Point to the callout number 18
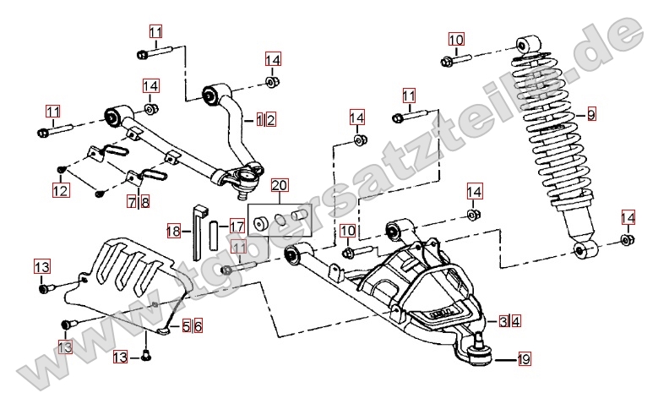click(x=173, y=230)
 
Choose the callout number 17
click(x=237, y=227)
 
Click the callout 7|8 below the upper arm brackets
click(x=139, y=202)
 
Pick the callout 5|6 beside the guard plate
click(x=193, y=325)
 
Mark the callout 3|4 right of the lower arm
click(x=509, y=321)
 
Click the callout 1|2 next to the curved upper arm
click(x=265, y=120)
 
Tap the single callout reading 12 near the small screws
click(x=60, y=192)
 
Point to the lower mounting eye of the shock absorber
click(x=585, y=250)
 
